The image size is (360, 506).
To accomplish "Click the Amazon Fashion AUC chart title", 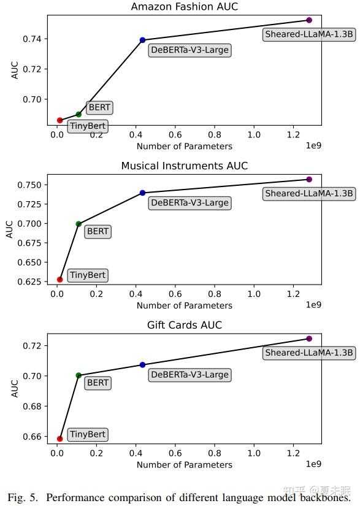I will [184, 7].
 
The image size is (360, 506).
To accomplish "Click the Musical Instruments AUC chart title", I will [184, 166].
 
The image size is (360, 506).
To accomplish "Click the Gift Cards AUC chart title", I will [184, 324].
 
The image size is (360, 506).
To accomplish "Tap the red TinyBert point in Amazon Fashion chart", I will [59, 120].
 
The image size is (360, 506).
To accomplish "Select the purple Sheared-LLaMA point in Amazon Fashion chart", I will [309, 20].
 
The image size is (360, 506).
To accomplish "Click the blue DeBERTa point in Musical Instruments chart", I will [142, 193].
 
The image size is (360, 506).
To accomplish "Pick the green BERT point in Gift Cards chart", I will [79, 375].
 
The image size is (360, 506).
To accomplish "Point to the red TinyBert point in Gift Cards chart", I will [59, 439].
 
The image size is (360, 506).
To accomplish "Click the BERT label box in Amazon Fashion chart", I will [99, 107].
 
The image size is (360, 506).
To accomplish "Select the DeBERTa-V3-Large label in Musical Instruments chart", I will [190, 203].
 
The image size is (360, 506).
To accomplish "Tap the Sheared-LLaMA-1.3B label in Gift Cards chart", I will [309, 353].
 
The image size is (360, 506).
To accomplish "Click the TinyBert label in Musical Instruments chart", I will [88, 275].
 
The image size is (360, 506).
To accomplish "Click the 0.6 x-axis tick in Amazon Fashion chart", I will [175, 135].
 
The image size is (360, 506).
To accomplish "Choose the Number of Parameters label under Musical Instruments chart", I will [184, 305].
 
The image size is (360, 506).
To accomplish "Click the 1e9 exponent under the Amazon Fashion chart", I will [313, 146].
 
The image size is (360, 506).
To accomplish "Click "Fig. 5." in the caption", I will [24, 496].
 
